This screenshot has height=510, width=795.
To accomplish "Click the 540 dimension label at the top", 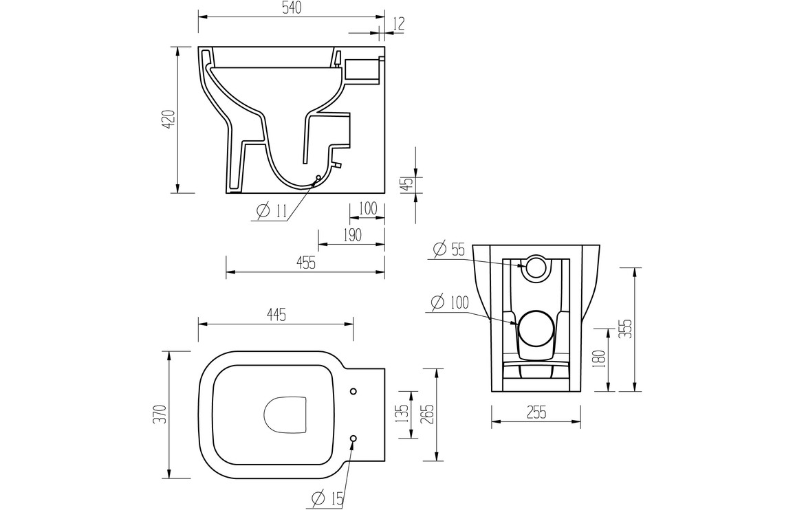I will coord(292,8).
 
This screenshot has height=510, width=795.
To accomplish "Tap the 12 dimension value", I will coord(398,24).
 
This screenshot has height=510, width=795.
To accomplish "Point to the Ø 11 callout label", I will coord(272,212).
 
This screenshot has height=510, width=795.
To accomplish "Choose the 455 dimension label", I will coord(305,263).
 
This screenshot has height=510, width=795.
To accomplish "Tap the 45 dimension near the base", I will coord(407,184).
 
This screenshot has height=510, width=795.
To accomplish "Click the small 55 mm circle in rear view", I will coord(536,267).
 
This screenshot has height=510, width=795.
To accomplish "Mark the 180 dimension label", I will coord(600,359).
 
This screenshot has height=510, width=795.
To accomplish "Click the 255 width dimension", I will coord(536,412).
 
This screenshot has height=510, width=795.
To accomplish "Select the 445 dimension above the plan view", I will coord(275,315).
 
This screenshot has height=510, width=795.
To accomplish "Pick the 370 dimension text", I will coord(160,414).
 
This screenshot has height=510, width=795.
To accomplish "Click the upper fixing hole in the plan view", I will coord(353,391).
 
